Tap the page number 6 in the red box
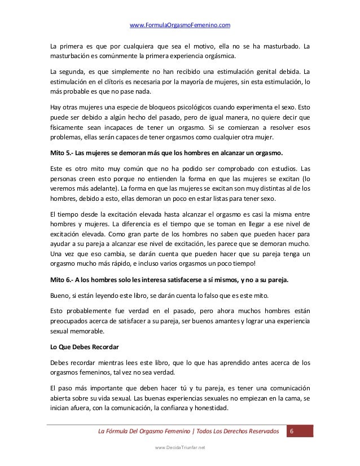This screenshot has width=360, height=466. click(x=292, y=432)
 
